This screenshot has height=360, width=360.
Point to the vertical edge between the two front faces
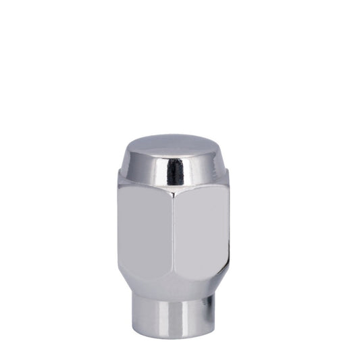pos(173,236)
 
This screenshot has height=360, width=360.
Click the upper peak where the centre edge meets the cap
pos(173,198)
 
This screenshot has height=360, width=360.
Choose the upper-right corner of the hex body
pos(228,177)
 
